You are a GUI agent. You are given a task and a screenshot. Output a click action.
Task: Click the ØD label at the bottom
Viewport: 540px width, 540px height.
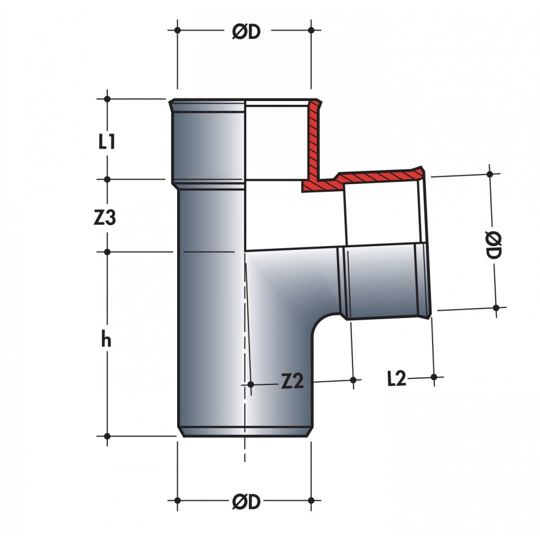click(x=246, y=502)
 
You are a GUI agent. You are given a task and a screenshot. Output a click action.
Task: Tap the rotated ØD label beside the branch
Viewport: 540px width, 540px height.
click(x=494, y=245)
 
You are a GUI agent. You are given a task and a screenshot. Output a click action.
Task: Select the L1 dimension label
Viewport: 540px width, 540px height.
click(x=106, y=141)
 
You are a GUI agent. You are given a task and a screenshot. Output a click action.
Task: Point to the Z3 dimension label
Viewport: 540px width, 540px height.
click(x=105, y=218)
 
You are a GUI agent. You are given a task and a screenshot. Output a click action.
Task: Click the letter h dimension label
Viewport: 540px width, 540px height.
click(x=106, y=339)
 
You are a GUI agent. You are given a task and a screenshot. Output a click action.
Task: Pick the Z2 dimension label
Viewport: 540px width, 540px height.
click(x=292, y=381)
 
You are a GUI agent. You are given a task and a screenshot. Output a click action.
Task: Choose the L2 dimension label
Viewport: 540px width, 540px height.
click(x=397, y=379)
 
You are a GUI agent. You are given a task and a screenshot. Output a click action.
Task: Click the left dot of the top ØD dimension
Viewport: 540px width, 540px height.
click(x=177, y=30)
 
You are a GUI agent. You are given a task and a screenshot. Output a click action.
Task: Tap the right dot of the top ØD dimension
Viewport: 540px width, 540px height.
click(x=312, y=30)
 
